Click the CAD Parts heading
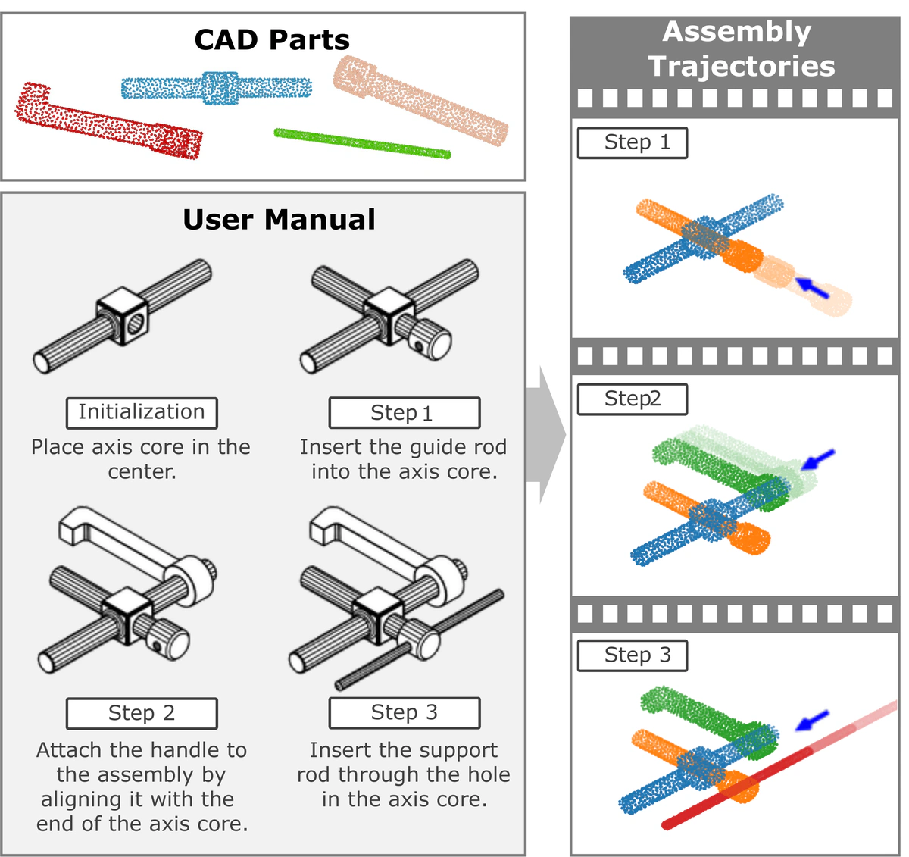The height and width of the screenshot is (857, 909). [x=272, y=40]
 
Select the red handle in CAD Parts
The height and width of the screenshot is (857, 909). [x=106, y=121]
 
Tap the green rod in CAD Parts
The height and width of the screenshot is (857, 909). [x=362, y=143]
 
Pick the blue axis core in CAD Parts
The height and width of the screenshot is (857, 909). [x=217, y=88]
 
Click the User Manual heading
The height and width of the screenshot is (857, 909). [x=279, y=220]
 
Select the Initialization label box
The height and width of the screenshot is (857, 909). [x=142, y=412]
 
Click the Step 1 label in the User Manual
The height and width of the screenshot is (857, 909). [x=404, y=413]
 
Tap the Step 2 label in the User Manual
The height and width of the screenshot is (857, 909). [x=142, y=713]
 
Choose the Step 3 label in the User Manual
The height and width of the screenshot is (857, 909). [x=404, y=712]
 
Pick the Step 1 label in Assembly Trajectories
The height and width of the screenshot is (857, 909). [x=633, y=142]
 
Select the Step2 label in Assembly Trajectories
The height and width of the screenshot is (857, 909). [x=633, y=399]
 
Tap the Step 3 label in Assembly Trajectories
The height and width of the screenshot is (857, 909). [x=633, y=655]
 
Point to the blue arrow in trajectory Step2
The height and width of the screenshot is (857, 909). [x=818, y=458]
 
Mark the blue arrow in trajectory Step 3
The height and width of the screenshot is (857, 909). [x=812, y=721]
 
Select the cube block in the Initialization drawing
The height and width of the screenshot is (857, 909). [x=123, y=316]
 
